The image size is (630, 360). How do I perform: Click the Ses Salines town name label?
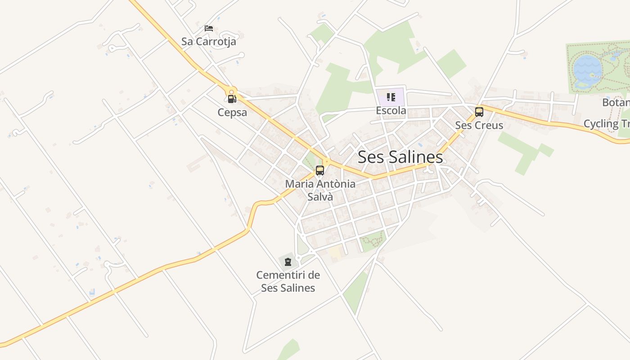click(400, 157)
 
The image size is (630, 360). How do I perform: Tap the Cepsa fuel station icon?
click(232, 99)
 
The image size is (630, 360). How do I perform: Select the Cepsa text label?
click(232, 112)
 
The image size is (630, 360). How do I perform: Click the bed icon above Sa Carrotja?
click(209, 28)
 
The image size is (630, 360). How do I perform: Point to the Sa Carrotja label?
click(208, 41)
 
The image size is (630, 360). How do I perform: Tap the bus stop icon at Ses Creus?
click(479, 112)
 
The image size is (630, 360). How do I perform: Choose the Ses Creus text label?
click(479, 125)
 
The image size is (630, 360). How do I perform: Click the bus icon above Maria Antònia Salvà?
click(320, 171)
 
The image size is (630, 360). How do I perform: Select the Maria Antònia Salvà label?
click(320, 190)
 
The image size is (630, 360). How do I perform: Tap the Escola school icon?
click(391, 97)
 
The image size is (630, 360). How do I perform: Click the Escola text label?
click(391, 111)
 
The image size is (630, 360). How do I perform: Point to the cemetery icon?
click(288, 262)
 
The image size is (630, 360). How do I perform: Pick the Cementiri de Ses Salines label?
click(288, 281)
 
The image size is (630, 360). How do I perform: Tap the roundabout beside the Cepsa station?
click(231, 90)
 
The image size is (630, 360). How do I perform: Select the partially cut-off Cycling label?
click(607, 124)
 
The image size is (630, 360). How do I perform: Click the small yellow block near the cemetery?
click(334, 252)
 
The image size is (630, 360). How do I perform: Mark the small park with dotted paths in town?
click(373, 241)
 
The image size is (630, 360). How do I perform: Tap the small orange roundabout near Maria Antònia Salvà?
click(327, 161)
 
